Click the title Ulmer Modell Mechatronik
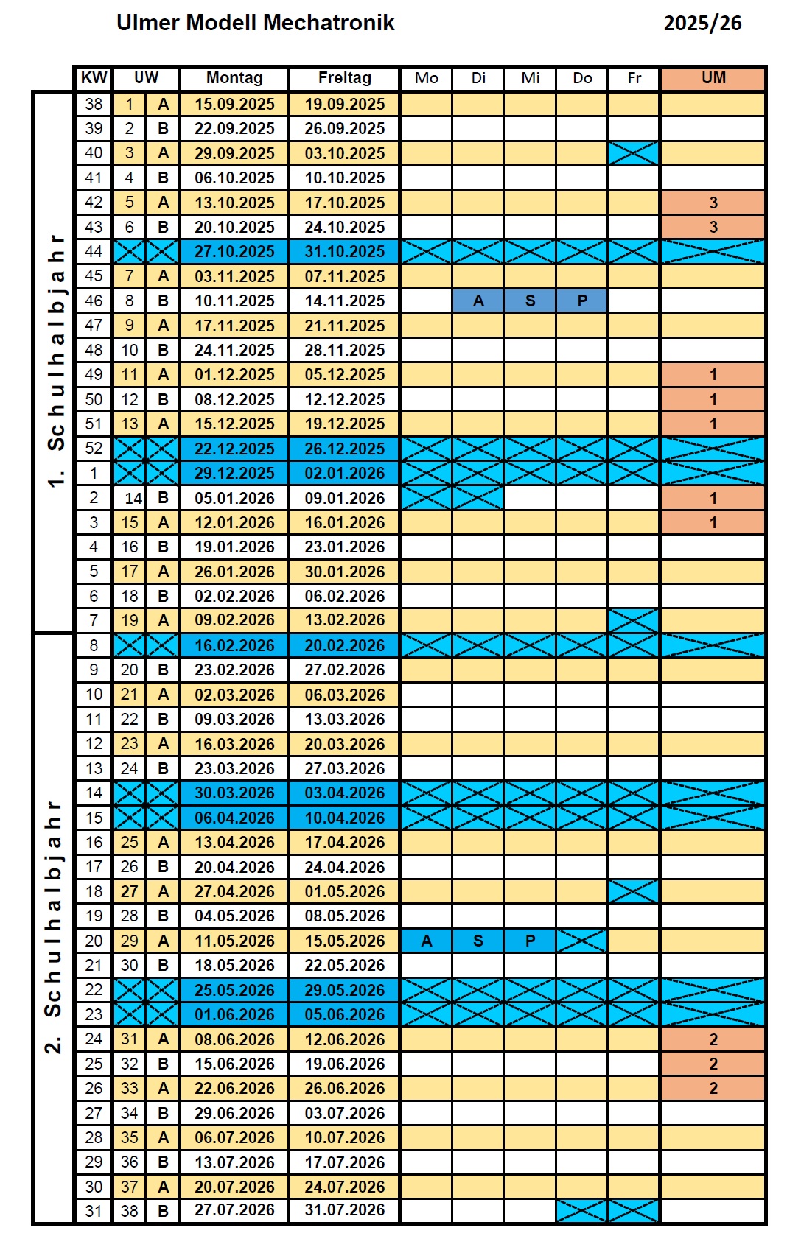[x=255, y=23]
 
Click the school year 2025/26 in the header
[x=702, y=24]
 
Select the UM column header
[x=713, y=78]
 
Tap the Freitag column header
[x=344, y=78]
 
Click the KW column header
[x=94, y=78]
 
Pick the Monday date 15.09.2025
[x=234, y=105]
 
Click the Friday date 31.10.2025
[x=344, y=252]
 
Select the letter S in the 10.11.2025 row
[x=530, y=301]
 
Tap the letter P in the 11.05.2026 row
[x=530, y=941]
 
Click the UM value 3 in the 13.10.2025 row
[x=713, y=203]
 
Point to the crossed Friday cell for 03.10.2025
[x=634, y=153]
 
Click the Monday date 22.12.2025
[x=234, y=449]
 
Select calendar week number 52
[x=94, y=449]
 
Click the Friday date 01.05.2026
[x=344, y=892]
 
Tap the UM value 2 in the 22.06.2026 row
[x=713, y=1088]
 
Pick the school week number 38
[x=129, y=1211]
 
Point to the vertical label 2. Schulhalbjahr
[x=53, y=927]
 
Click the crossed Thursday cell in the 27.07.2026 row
[x=581, y=1211]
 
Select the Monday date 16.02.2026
[x=234, y=646]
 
